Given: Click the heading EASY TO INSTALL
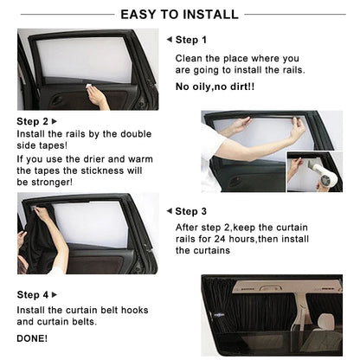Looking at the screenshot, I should point(180,14).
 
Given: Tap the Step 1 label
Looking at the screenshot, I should point(190,40).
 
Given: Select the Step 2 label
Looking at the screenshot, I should point(33,122).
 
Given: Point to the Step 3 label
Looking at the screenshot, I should point(190,211).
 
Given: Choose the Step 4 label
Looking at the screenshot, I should point(33,295).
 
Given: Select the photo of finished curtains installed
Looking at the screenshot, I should point(272,317).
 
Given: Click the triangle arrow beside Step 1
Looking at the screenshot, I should point(169,40).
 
